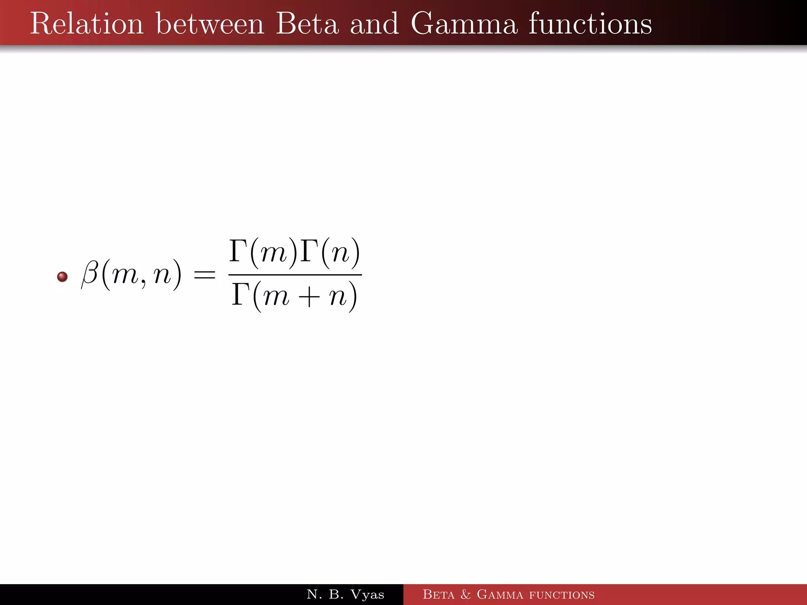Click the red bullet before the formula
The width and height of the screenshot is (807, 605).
(x=62, y=277)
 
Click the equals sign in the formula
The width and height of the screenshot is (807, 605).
(x=205, y=275)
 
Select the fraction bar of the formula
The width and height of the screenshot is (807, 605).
(x=295, y=275)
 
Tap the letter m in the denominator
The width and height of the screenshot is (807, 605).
(x=276, y=297)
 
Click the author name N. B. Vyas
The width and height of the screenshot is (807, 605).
(x=345, y=594)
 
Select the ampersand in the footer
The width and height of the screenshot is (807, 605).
(x=466, y=594)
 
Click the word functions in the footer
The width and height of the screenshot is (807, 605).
(x=562, y=595)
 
